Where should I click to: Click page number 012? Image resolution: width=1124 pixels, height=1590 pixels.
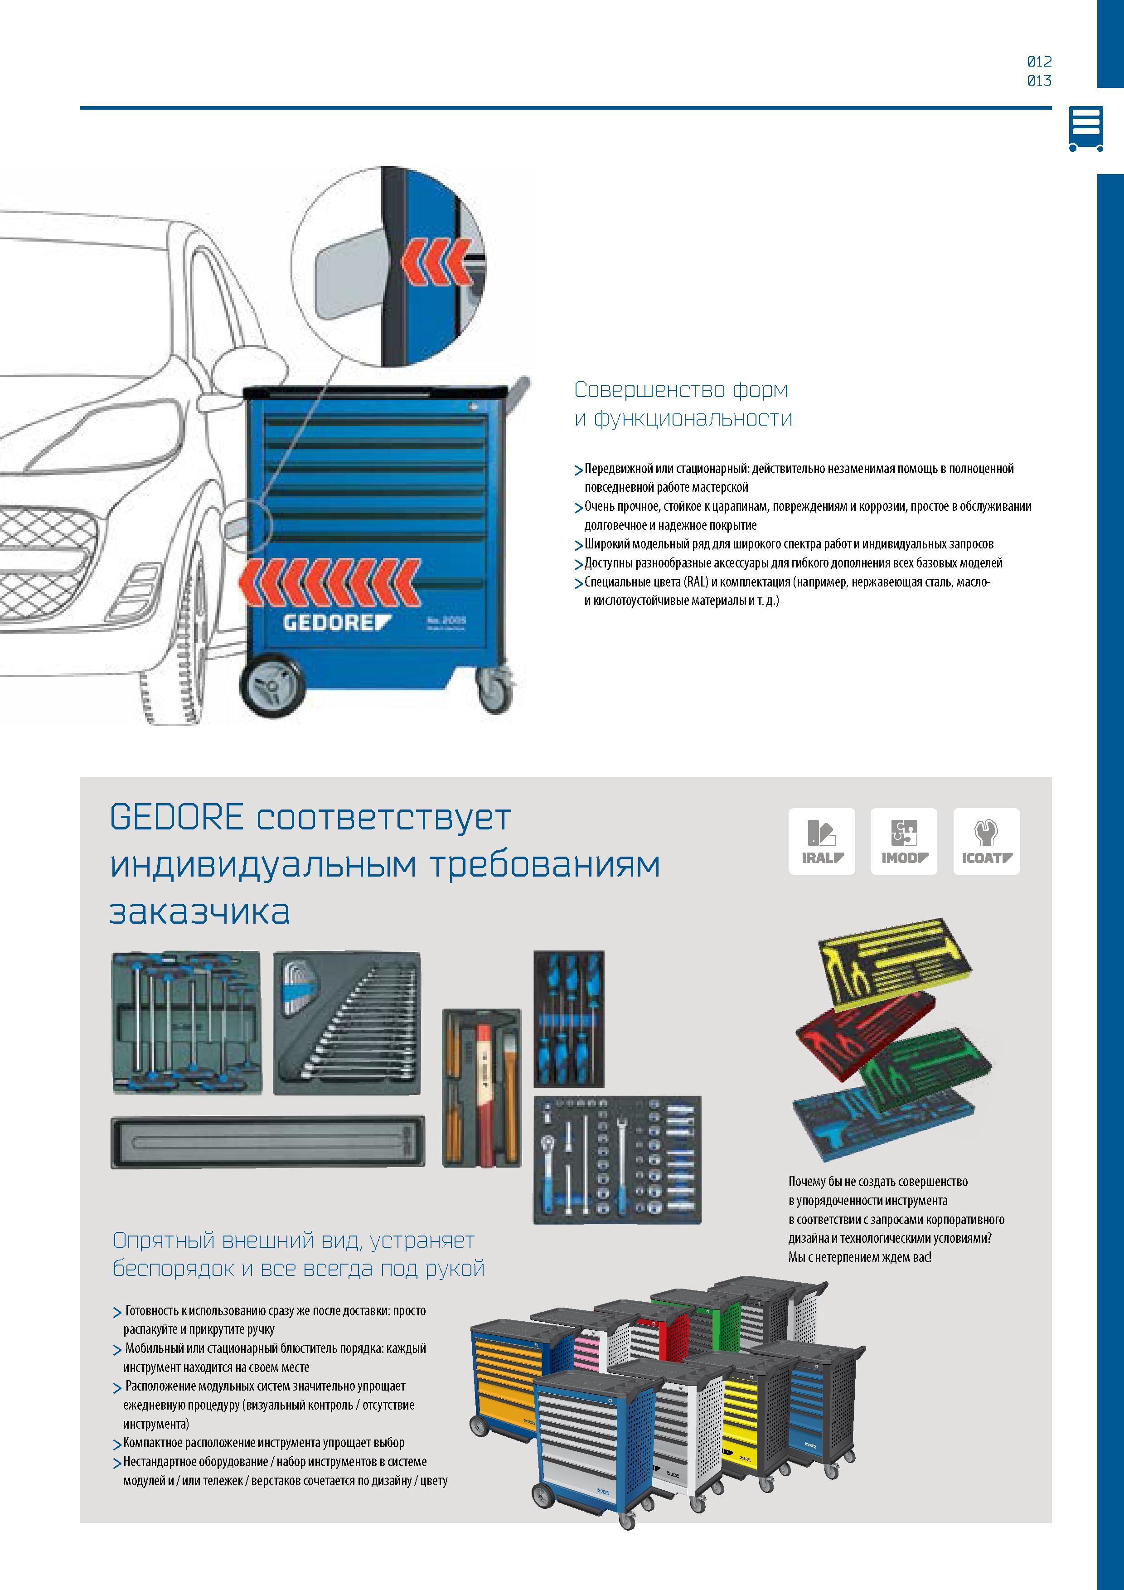1039,62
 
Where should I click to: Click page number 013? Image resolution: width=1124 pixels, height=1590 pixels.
1039,80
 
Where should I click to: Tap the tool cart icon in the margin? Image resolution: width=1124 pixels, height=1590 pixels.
1085,129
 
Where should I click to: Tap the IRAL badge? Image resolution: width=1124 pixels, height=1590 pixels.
821,841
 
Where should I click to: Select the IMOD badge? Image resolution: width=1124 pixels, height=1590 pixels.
904,841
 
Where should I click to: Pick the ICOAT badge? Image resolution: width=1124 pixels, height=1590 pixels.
986,841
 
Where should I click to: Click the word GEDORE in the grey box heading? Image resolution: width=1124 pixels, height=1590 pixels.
177,817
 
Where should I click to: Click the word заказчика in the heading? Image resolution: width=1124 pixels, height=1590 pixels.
199,911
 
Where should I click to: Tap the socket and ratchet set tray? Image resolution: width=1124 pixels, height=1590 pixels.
617,1159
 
